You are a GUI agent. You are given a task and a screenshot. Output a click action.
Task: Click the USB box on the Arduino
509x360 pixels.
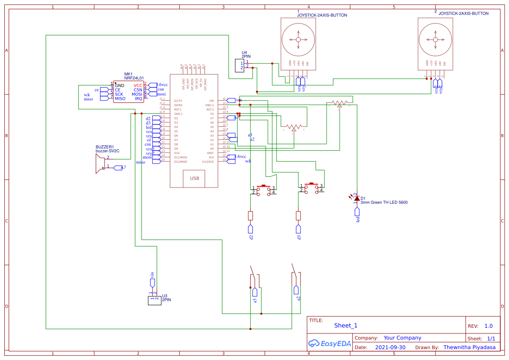(x=194, y=178)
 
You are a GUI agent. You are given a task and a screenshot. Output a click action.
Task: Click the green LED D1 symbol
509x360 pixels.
(x=357, y=199)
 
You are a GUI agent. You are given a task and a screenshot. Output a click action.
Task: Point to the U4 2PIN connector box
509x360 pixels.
(x=239, y=65)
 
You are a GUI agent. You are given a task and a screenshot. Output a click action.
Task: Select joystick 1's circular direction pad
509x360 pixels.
(x=298, y=40)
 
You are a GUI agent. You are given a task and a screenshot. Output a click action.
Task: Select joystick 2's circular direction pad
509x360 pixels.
(x=435, y=39)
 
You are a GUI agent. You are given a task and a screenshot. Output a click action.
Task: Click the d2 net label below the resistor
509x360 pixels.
(x=250, y=231)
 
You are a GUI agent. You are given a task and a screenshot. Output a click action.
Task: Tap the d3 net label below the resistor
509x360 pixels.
(x=298, y=231)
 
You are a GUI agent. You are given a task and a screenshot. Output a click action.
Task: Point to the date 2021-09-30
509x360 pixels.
(x=390, y=347)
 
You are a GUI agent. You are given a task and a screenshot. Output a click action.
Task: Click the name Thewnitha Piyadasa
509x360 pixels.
(x=469, y=347)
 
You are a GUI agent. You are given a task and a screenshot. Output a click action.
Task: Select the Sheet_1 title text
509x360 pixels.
(x=346, y=326)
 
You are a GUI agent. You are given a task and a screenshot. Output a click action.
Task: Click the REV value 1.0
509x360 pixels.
(x=488, y=326)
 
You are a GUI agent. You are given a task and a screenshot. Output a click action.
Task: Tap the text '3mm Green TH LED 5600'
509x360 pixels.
(x=384, y=202)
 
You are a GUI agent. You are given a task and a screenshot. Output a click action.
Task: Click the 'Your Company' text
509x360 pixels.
(x=402, y=338)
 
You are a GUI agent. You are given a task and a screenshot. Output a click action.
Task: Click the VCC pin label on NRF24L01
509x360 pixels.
(x=138, y=85)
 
